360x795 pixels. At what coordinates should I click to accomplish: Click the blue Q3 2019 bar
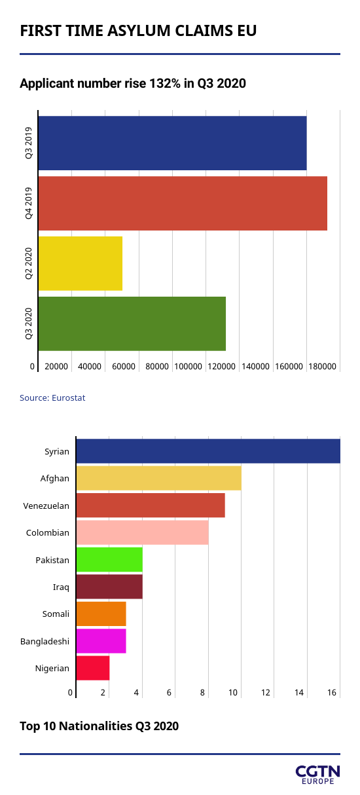tap(172, 143)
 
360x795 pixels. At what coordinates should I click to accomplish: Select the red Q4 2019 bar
tap(183, 204)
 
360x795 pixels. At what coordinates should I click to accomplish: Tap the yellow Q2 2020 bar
tap(80, 264)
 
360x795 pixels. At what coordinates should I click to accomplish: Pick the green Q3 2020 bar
tap(132, 324)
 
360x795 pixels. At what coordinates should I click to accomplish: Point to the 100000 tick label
tap(188, 367)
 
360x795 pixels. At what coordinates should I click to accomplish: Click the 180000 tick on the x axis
tap(322, 367)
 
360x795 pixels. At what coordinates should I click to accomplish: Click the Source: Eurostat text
tap(52, 398)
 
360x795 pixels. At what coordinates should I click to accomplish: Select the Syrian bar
tap(208, 451)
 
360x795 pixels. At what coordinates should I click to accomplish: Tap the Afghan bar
tap(159, 479)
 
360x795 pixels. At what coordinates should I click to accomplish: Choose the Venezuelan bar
tap(151, 506)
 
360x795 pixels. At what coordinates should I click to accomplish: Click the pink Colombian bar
tap(142, 532)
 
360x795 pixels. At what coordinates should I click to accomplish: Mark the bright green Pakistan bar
tap(109, 560)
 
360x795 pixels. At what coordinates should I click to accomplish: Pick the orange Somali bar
tap(101, 614)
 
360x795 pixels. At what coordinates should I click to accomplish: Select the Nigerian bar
tap(93, 668)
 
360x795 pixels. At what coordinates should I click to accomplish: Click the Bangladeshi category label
tap(45, 641)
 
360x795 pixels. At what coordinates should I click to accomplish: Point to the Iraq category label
tap(61, 587)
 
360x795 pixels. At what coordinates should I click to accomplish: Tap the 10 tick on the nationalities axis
tap(232, 692)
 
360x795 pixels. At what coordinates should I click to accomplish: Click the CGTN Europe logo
tap(318, 775)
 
